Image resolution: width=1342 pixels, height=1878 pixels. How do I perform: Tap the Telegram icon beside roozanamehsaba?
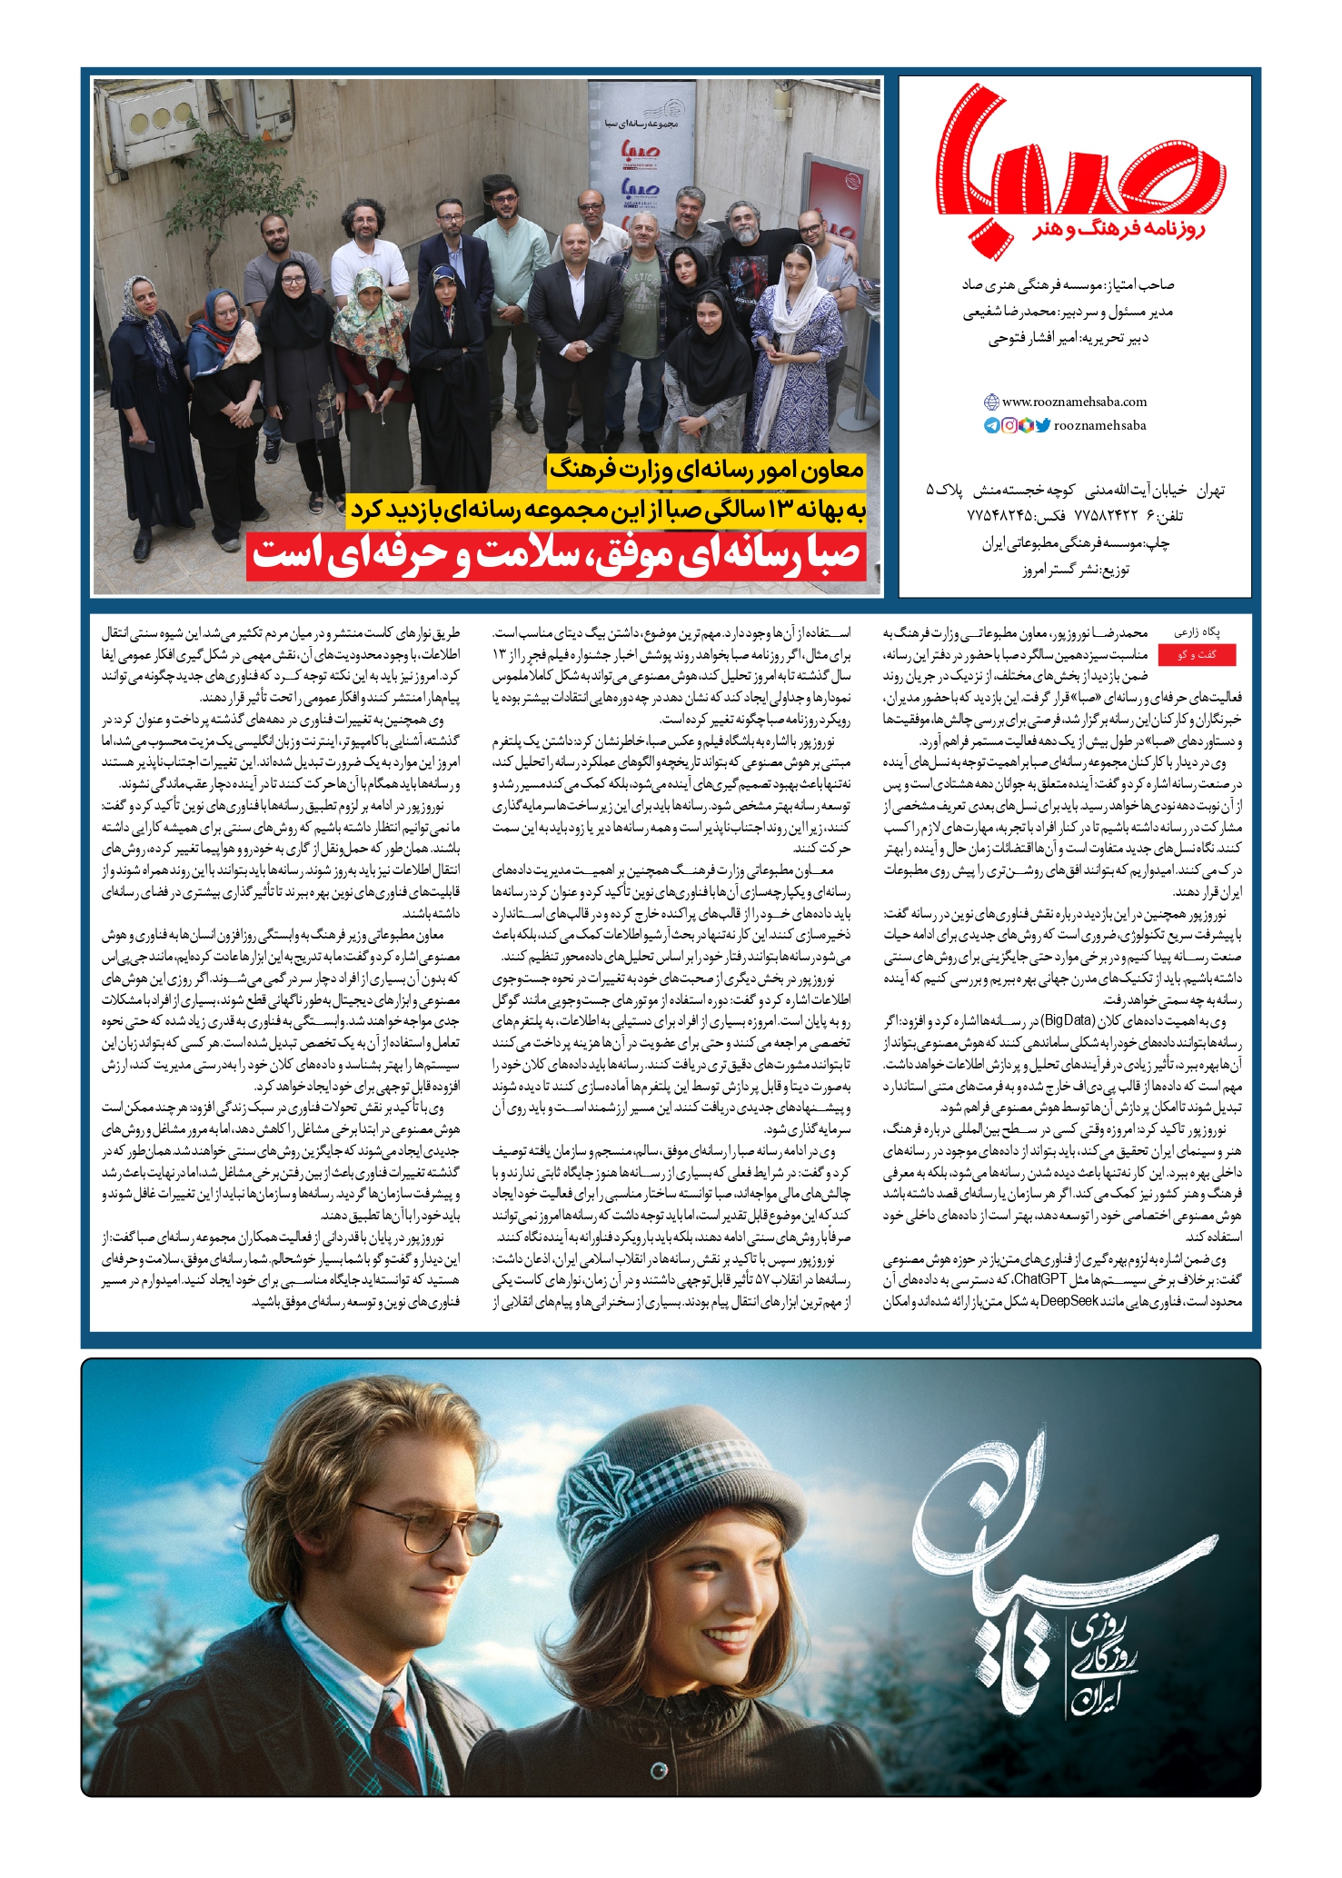click(992, 425)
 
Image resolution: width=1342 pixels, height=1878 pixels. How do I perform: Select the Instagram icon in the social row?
click(1009, 425)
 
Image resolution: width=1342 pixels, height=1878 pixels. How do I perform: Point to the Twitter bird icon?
click(1042, 425)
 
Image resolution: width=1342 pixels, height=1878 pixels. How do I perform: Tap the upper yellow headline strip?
click(706, 470)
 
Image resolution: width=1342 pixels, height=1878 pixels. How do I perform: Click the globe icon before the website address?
click(992, 402)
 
